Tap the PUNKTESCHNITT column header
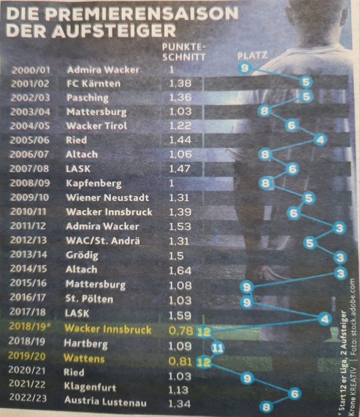pyautogui.click(x=184, y=52)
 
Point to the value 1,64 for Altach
pyautogui.click(x=179, y=271)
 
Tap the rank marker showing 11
pyautogui.click(x=218, y=348)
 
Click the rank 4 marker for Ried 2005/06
pyautogui.click(x=319, y=139)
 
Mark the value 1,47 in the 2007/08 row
pyautogui.click(x=179, y=168)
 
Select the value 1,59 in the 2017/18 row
pyautogui.click(x=179, y=315)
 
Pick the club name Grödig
pyautogui.click(x=82, y=256)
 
